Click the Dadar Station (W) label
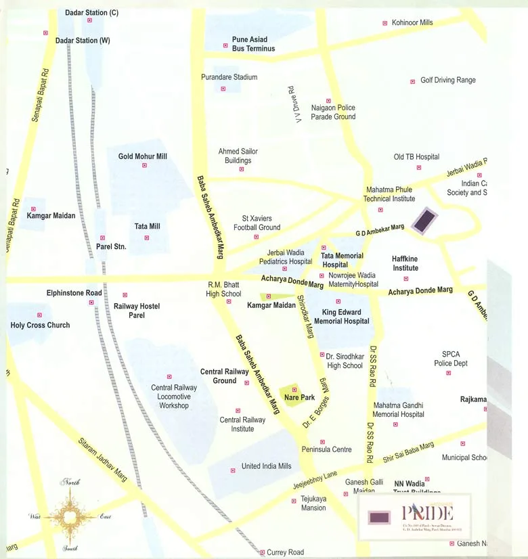[83, 41]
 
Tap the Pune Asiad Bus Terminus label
[253, 44]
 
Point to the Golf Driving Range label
[447, 80]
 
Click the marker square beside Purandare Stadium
[223, 89]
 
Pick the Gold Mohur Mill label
[142, 156]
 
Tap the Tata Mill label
[147, 227]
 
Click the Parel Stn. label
[111, 247]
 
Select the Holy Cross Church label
[40, 326]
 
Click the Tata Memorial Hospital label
[342, 260]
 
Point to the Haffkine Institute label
[405, 263]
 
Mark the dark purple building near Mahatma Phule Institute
[425, 221]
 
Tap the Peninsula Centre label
[326, 449]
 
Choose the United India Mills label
[266, 466]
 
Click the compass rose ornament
[70, 516]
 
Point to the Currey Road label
[286, 553]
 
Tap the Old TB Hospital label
[416, 157]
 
